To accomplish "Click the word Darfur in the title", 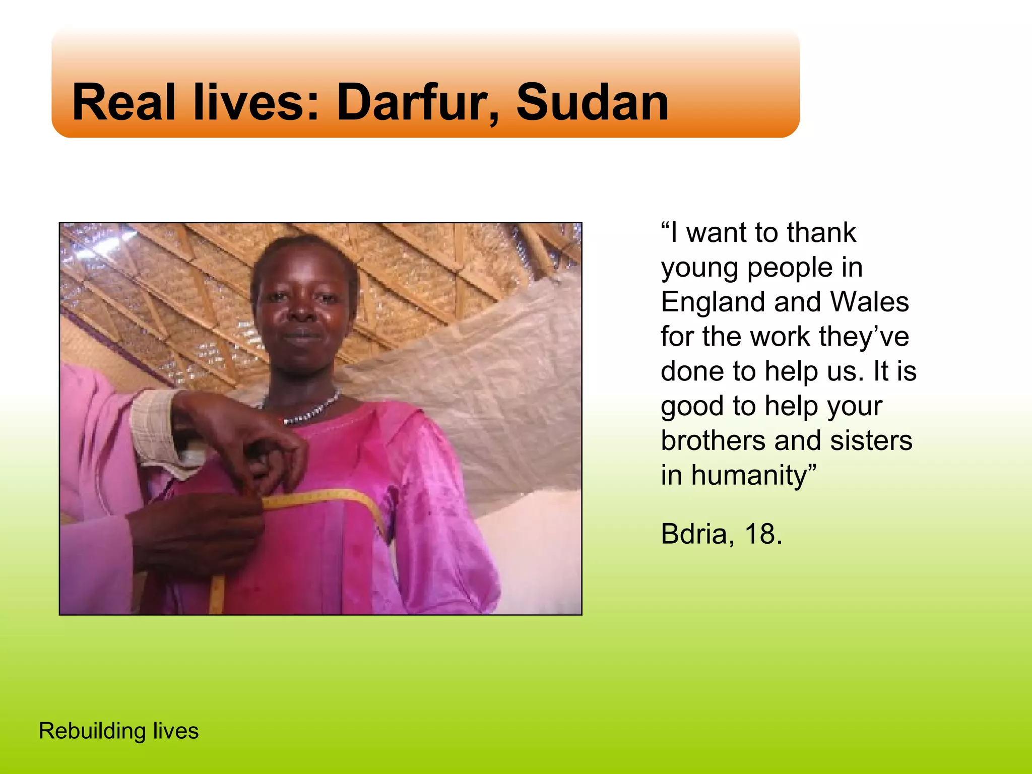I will (417, 103).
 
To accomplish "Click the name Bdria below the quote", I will (694, 534).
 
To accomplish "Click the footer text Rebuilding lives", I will (119, 731).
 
